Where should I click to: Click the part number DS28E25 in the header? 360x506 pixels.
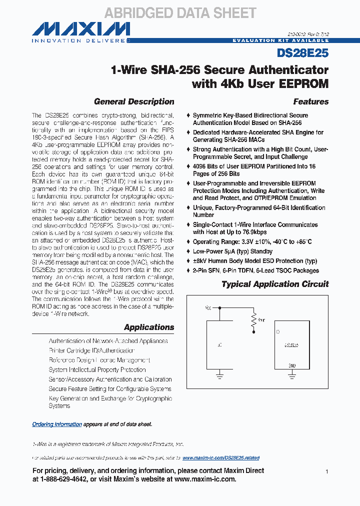[x=302, y=52]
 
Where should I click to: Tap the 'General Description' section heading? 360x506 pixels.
[x=134, y=101]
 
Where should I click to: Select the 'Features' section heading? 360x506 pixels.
[x=310, y=101]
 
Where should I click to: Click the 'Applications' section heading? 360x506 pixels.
[x=149, y=327]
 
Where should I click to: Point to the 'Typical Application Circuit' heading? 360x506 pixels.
[x=275, y=284]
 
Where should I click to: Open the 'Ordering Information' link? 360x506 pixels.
[x=57, y=424]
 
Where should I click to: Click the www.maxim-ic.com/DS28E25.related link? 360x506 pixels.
[x=221, y=458]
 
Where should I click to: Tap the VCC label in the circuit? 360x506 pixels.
[x=207, y=308]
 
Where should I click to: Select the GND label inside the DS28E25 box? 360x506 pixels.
[x=292, y=365]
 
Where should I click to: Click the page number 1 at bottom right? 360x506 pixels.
[x=326, y=471]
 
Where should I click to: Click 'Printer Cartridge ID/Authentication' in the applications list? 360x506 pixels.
[x=91, y=350]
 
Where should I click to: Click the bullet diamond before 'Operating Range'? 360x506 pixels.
[x=188, y=242]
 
